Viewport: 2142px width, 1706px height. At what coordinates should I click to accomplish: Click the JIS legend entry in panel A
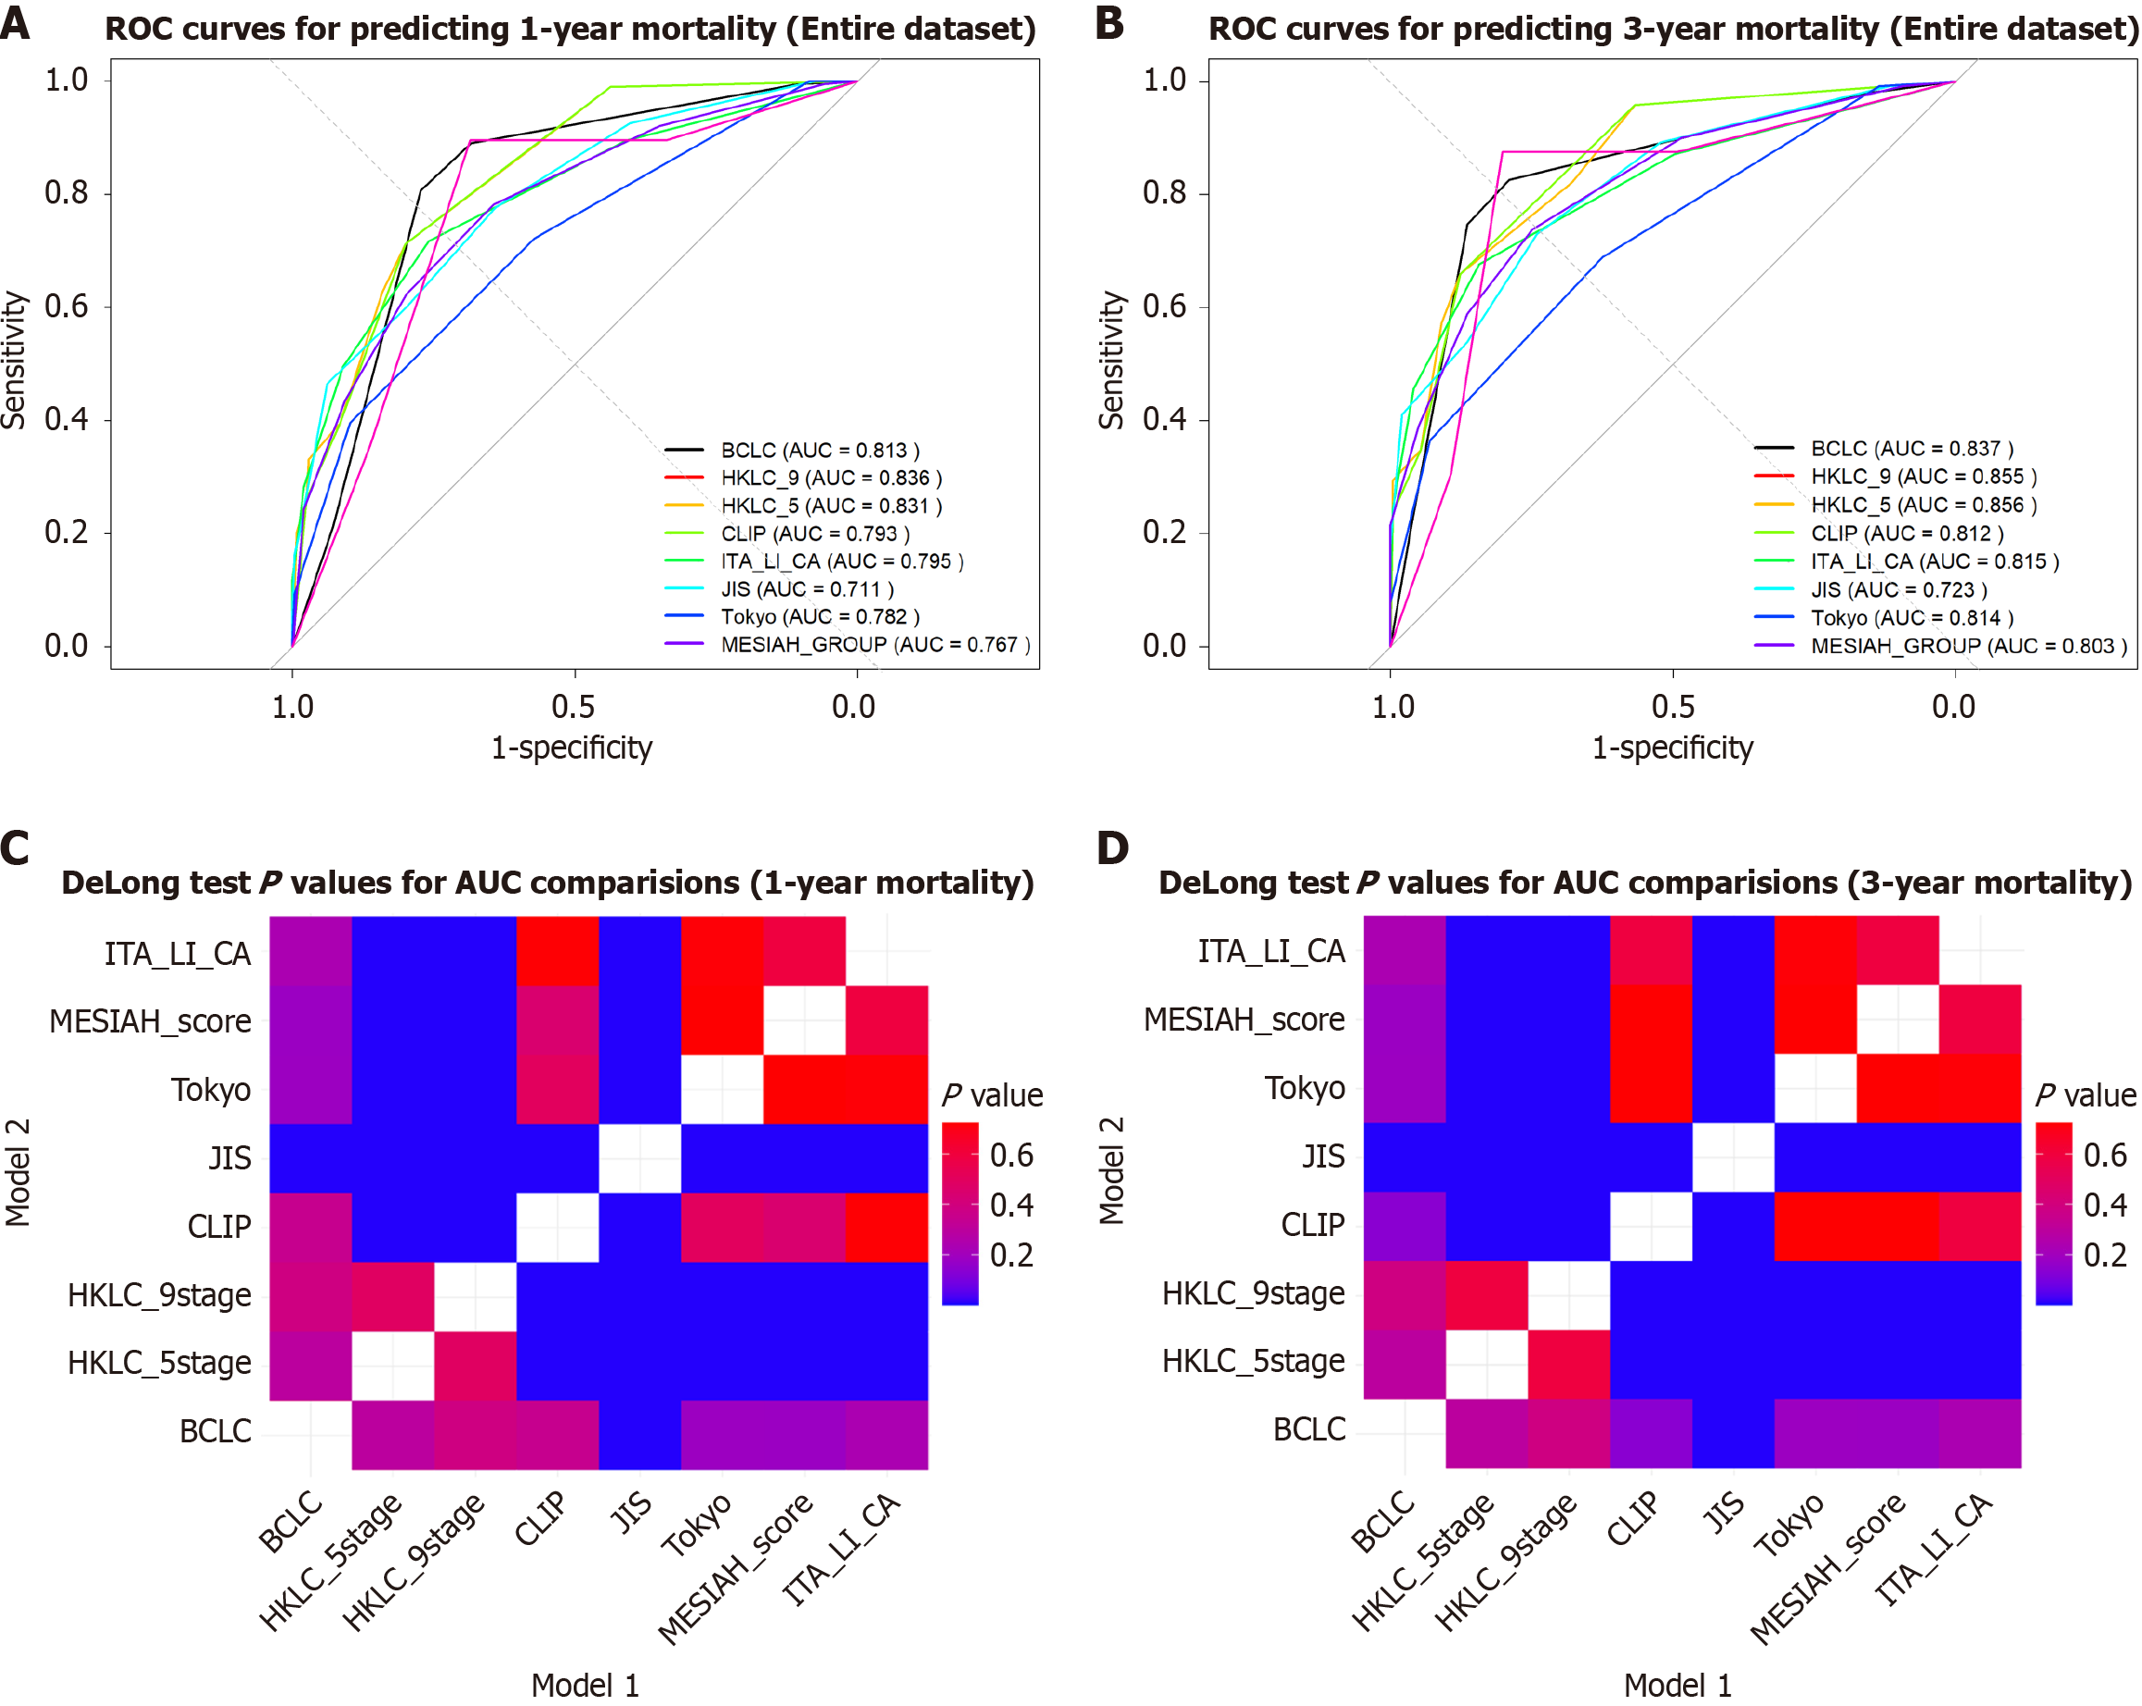pyautogui.click(x=807, y=589)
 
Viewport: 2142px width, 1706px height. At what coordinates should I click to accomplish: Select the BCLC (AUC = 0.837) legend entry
pyautogui.click(x=1911, y=448)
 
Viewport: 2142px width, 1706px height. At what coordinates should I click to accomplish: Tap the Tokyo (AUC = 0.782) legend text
pyautogui.click(x=820, y=617)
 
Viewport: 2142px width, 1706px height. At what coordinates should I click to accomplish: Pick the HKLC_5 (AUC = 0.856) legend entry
pyautogui.click(x=1923, y=505)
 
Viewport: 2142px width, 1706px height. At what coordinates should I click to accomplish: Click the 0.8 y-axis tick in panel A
pyautogui.click(x=67, y=192)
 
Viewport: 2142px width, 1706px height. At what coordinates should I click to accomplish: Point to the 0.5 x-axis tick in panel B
pyautogui.click(x=1673, y=707)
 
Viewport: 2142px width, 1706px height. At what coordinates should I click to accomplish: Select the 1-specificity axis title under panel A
pyautogui.click(x=572, y=748)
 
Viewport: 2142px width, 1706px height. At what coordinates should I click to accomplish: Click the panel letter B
pyautogui.click(x=1109, y=24)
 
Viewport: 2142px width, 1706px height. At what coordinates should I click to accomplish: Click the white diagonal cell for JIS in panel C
pyautogui.click(x=639, y=1158)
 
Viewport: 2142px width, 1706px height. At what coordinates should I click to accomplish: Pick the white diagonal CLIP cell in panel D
pyautogui.click(x=1650, y=1226)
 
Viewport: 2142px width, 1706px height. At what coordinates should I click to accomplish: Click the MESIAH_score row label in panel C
pyautogui.click(x=150, y=1021)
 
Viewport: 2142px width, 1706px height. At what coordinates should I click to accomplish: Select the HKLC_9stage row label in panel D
pyautogui.click(x=1253, y=1293)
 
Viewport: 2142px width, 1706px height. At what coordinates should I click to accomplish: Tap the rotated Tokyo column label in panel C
pyautogui.click(x=698, y=1526)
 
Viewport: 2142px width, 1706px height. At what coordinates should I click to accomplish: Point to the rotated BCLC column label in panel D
pyautogui.click(x=1383, y=1522)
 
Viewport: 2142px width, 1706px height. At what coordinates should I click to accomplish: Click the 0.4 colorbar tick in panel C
pyautogui.click(x=1011, y=1205)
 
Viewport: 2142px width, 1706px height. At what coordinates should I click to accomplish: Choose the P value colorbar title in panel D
pyautogui.click(x=2085, y=1095)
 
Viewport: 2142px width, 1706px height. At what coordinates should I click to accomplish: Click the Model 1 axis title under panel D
pyautogui.click(x=1677, y=1685)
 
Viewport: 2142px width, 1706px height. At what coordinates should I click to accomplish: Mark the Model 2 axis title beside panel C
pyautogui.click(x=18, y=1172)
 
